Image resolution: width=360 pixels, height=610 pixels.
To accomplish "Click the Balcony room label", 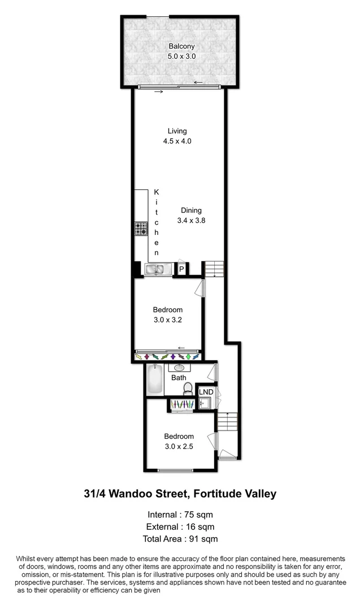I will pos(180,46).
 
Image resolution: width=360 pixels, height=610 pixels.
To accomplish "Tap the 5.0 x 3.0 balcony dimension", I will pos(180,56).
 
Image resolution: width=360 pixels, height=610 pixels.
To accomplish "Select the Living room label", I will pos(177,131).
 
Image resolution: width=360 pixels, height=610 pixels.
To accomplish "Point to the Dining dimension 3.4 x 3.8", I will pos(191,221).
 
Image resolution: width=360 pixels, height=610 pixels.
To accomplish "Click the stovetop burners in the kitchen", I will pos(141,228).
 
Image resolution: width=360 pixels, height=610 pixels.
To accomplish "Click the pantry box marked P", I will pos(181,270).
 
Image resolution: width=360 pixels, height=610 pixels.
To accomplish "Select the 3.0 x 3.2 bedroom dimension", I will pos(168,320).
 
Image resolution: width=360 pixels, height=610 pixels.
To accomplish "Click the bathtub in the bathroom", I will pos(154,380).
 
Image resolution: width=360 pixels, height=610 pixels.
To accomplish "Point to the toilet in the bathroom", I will pos(188,389).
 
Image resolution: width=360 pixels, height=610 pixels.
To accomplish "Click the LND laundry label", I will pos(206,392).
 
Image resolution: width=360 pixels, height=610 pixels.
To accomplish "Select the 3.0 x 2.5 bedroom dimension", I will pos(179,446).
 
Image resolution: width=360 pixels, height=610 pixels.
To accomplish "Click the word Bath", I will pos(179,378).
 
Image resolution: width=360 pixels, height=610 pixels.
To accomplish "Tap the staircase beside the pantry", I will pos(214,269).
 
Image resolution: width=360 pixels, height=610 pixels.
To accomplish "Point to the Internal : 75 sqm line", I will pos(180,514).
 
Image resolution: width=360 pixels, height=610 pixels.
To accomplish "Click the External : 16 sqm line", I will pos(180,526).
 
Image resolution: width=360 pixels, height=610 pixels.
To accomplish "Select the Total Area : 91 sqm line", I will pos(180,539).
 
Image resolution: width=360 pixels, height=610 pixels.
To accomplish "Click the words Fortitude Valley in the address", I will pos(235,494).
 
